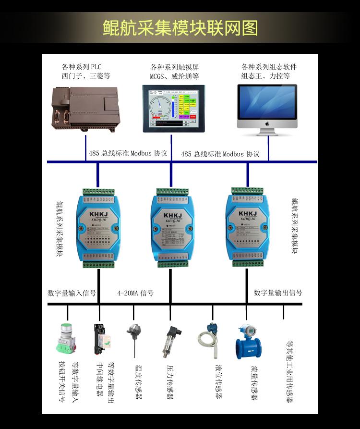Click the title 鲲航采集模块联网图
click(x=180, y=27)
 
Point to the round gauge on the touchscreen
click(x=161, y=105)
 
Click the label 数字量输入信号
click(x=72, y=293)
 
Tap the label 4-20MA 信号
click(x=135, y=293)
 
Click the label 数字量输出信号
click(x=278, y=293)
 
